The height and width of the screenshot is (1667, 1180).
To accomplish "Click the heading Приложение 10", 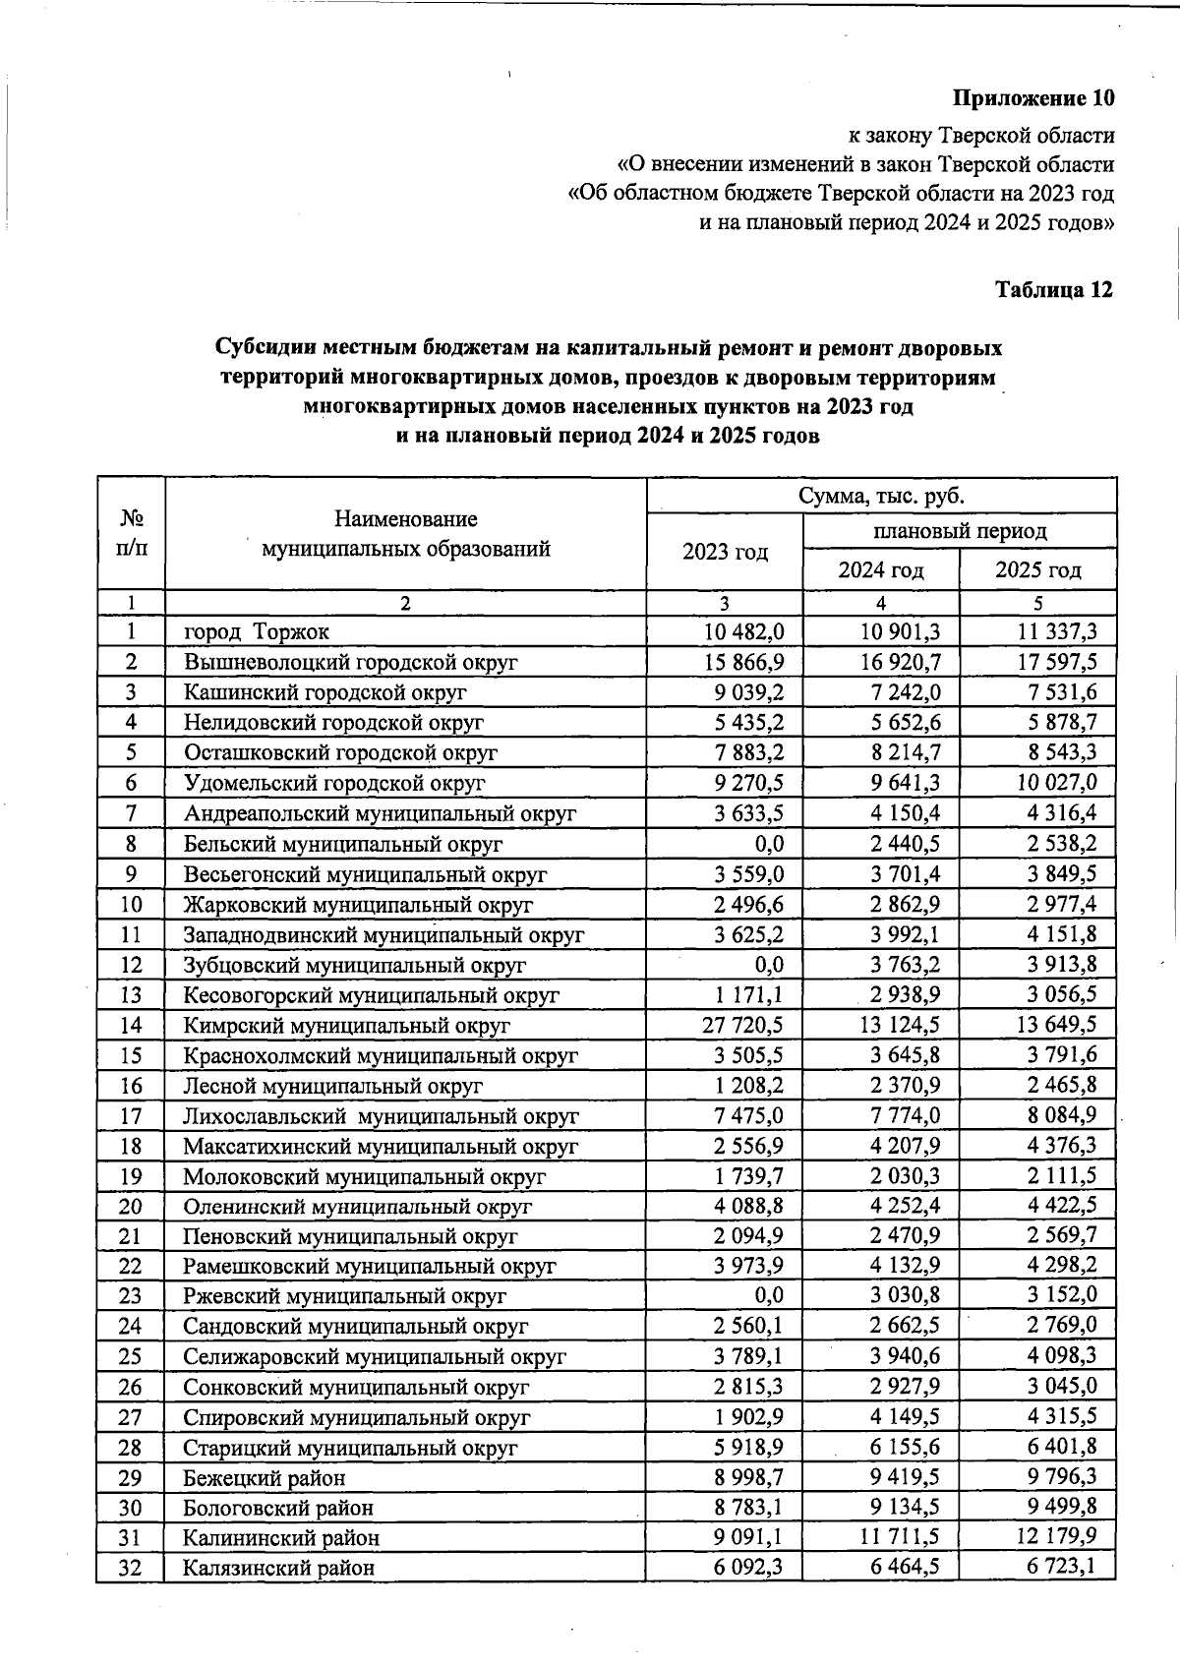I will [x=1033, y=99].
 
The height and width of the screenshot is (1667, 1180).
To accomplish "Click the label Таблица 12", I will [x=1053, y=290].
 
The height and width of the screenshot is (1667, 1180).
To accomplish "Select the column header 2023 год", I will [x=725, y=552].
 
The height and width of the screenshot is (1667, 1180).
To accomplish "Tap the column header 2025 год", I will [x=1037, y=569].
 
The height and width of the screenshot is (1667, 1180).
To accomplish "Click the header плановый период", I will [x=960, y=532].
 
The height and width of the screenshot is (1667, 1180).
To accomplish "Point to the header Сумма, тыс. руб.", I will [x=881, y=496].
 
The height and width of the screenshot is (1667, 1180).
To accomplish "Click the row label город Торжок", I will [x=257, y=631].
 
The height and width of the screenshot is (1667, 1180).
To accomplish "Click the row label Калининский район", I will [x=281, y=1537].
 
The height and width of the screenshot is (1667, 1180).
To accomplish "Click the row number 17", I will [x=131, y=1116].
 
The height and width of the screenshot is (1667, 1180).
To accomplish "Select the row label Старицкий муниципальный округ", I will [x=350, y=1448].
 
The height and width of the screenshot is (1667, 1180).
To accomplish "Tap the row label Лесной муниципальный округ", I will [x=333, y=1086].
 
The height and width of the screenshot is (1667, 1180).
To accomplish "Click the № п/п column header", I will [x=131, y=534].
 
